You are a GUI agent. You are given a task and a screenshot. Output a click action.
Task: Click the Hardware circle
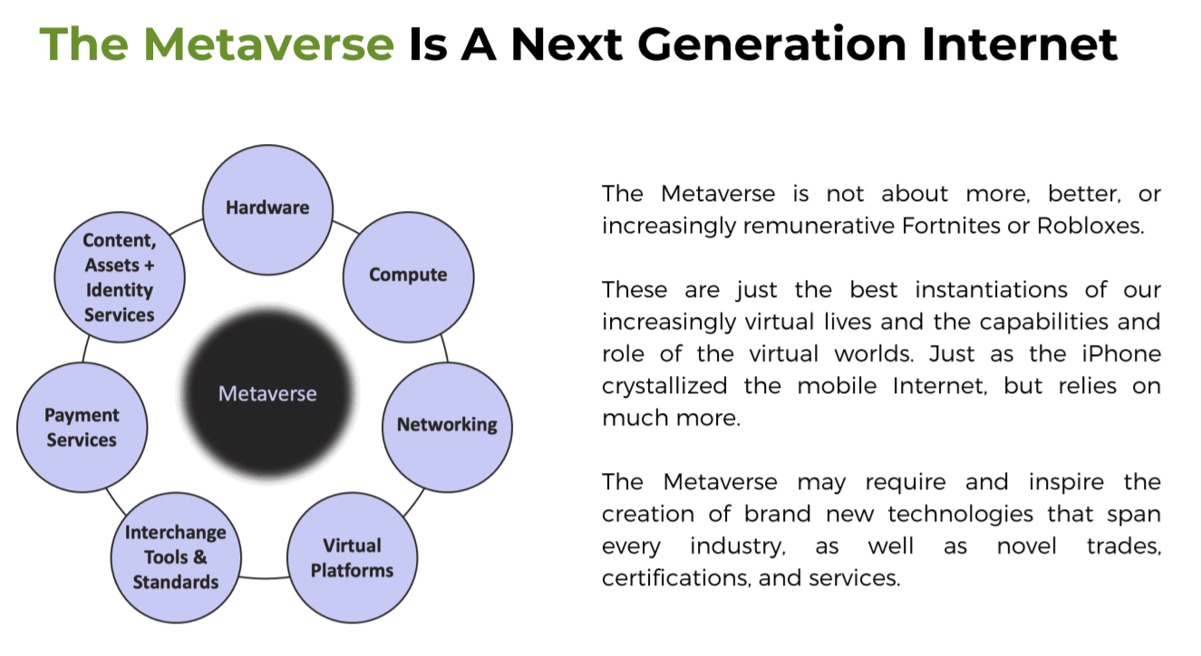[x=267, y=209]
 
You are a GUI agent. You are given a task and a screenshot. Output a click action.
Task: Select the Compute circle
[x=408, y=277]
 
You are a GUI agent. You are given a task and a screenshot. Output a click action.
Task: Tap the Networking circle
[x=447, y=427]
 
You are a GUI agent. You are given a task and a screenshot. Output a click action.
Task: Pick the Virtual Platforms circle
[x=353, y=557]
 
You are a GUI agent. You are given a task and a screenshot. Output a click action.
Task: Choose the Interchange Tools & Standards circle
[x=176, y=557]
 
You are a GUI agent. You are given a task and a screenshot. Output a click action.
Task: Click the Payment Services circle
[x=82, y=427]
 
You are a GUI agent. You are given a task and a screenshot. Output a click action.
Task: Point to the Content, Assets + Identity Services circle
[x=120, y=277]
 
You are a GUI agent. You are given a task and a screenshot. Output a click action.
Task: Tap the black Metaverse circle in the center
[x=267, y=393]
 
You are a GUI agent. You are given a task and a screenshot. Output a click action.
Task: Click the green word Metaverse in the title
[x=268, y=44]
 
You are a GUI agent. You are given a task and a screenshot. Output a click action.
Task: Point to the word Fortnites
[x=951, y=226]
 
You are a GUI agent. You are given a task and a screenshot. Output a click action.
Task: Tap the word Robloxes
[x=1090, y=226]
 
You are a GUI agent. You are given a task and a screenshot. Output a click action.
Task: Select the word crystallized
[x=664, y=386]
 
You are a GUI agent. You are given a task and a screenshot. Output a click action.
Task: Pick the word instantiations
[x=992, y=290]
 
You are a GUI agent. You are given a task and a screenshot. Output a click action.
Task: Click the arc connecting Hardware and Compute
[x=346, y=227]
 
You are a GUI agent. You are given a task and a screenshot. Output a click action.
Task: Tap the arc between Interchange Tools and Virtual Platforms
[x=265, y=578]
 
